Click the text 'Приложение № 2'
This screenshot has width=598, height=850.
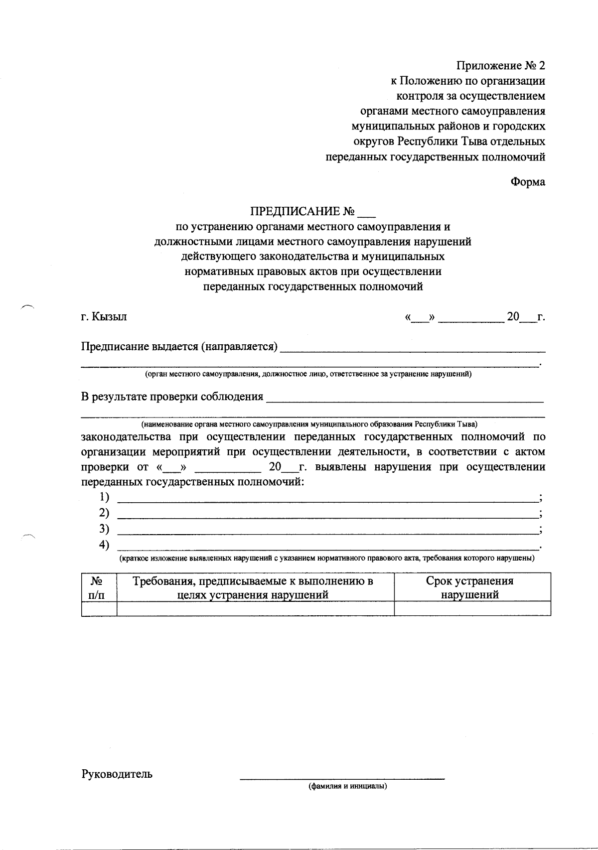(x=501, y=66)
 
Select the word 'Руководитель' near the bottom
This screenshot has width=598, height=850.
(x=117, y=774)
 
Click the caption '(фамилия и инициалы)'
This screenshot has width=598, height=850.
(x=347, y=787)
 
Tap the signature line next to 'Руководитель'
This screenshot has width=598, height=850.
(x=342, y=777)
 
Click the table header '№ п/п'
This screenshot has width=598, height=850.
(x=99, y=587)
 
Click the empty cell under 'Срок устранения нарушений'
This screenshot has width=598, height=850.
(x=471, y=608)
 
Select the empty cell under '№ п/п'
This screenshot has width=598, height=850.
(x=99, y=608)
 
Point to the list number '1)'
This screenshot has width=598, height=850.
(x=104, y=497)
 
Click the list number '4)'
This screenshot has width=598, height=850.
(x=104, y=545)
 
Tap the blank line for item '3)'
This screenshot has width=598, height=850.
(x=327, y=532)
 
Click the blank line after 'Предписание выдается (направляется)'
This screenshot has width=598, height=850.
(x=413, y=350)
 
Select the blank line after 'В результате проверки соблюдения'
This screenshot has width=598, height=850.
(x=405, y=400)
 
